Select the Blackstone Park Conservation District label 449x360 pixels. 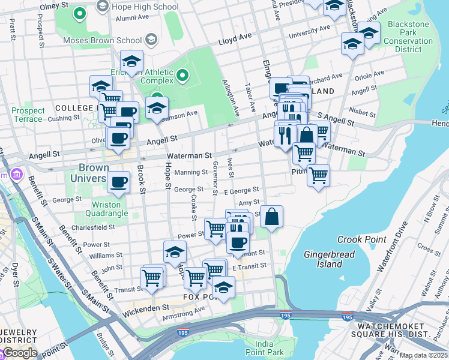(409, 37)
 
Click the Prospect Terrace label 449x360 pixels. (28, 115)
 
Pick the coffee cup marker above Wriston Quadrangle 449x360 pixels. (118, 181)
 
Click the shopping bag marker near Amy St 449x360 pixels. (271, 216)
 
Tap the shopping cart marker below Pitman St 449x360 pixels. (318, 175)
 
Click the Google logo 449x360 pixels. (19, 353)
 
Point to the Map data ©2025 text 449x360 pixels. (424, 355)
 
